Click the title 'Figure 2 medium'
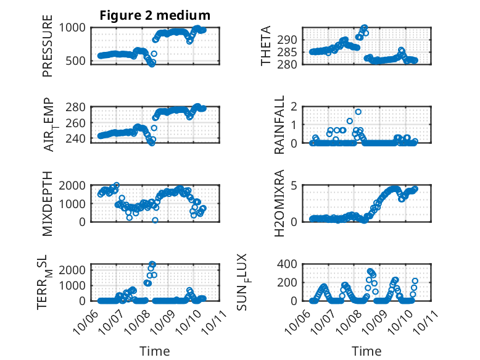pyautogui.click(x=155, y=15)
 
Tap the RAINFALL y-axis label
pyautogui.click(x=279, y=125)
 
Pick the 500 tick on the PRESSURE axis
pyautogui.click(x=80, y=61)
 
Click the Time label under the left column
pyautogui.click(x=155, y=351)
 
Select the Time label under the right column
pyautogui.click(x=366, y=351)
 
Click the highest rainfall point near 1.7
pyautogui.click(x=358, y=112)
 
